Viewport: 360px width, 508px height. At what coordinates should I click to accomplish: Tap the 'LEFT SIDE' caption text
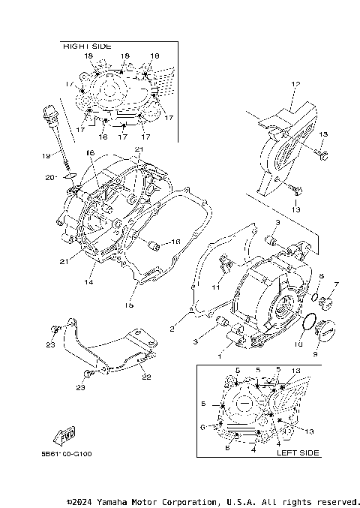click(298, 452)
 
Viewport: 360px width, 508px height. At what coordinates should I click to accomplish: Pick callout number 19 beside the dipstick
click(46, 156)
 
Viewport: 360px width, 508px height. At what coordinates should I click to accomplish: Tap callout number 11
click(216, 287)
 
